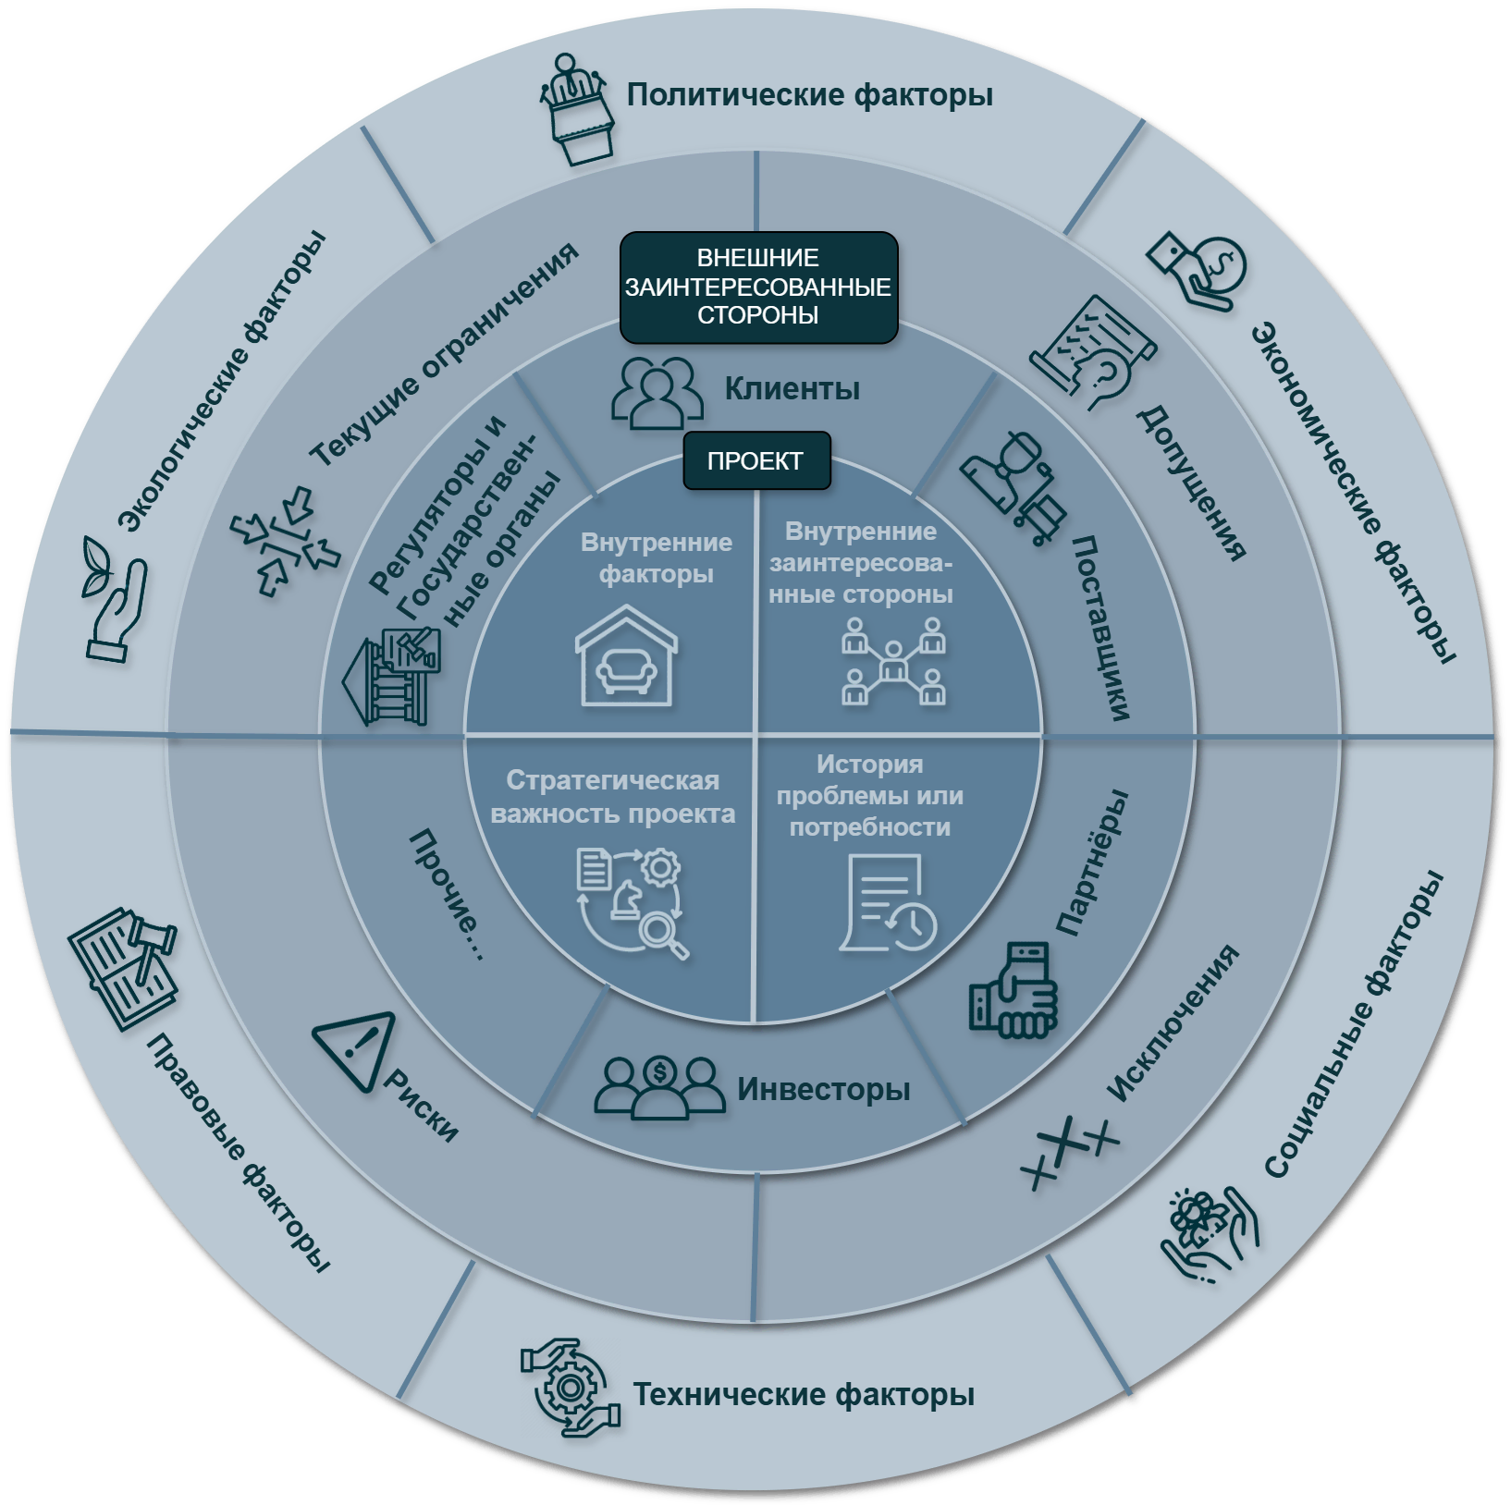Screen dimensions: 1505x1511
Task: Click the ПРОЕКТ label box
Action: coord(756,460)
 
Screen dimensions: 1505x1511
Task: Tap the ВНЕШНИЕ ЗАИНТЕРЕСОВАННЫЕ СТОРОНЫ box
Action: coord(758,287)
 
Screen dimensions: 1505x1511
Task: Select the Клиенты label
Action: coord(792,389)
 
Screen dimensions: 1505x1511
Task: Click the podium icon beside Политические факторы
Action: coord(578,110)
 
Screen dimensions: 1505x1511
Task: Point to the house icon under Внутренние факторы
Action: coord(627,655)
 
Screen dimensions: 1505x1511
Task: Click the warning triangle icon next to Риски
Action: coord(356,1049)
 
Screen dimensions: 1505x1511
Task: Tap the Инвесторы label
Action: coord(823,1090)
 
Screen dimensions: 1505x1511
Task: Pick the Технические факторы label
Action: coord(803,1394)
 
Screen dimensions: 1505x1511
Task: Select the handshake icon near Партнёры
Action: coord(1013,989)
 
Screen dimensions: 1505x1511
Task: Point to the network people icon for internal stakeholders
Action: coord(893,661)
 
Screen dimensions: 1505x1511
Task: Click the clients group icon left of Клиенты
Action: coord(657,392)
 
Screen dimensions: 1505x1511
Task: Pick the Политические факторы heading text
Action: coord(809,95)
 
